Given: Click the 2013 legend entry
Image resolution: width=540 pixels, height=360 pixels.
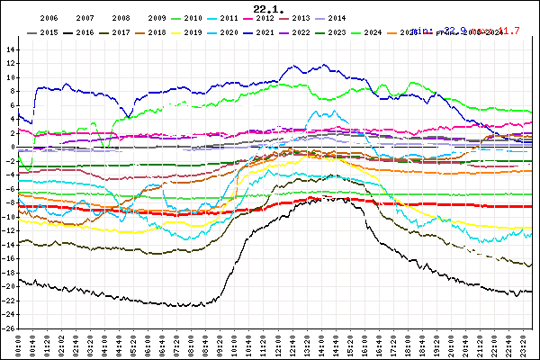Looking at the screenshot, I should click(x=301, y=18).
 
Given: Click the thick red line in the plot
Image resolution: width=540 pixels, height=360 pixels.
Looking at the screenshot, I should click(x=405, y=205).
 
